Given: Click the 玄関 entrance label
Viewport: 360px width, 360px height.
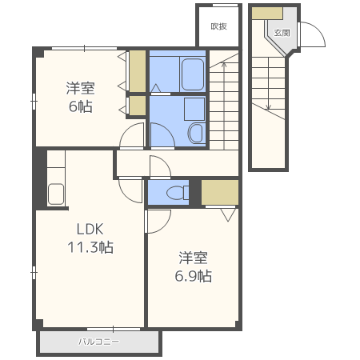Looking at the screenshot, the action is [282, 33].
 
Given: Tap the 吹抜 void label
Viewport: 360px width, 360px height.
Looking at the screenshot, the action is [218, 26].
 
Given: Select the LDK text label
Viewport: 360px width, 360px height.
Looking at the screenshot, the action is [90, 229].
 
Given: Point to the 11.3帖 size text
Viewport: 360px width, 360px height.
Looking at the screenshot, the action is [90, 247].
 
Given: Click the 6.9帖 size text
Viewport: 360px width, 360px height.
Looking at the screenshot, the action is [194, 276].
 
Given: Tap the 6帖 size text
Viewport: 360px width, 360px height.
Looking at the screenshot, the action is [81, 106].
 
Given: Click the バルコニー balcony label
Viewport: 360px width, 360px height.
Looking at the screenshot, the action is [98, 342].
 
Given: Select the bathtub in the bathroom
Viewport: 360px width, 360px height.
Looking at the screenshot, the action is [193, 74].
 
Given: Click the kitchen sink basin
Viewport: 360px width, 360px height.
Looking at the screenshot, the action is [56, 194].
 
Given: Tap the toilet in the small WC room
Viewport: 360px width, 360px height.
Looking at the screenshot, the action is [178, 193].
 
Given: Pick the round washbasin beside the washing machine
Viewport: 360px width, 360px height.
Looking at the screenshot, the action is [196, 133].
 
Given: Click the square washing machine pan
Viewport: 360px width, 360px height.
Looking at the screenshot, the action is [194, 110].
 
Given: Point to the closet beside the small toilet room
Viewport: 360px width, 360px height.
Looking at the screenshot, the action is [220, 192].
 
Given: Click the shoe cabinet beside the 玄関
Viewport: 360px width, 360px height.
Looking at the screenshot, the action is [267, 14].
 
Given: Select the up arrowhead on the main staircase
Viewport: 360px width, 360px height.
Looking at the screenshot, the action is [224, 64].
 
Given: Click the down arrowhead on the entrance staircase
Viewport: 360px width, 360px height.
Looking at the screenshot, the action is [268, 108].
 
